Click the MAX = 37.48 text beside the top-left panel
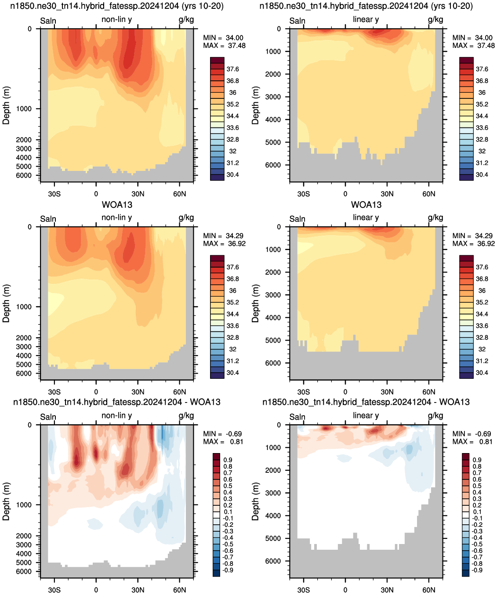[x=224, y=46]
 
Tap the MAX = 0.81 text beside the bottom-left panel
[x=223, y=442]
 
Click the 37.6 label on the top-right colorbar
[x=482, y=69]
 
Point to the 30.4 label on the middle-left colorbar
[x=232, y=373]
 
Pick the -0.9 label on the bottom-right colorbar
[x=477, y=570]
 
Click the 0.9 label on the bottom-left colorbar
[x=228, y=460]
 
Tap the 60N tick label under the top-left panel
[x=180, y=194]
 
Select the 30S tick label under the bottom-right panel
[x=304, y=590]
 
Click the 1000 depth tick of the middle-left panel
[x=24, y=307]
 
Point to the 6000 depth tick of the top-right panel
[x=273, y=165]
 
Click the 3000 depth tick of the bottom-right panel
[x=273, y=493]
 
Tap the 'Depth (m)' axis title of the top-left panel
[x=6, y=105]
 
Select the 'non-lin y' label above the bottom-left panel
[x=117, y=415]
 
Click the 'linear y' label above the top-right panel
[x=366, y=19]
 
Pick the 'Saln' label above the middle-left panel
[x=48, y=219]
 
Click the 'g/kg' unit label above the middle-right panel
[x=435, y=218]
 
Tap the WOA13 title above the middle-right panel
[x=366, y=205]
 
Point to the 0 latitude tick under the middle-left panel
[x=96, y=392]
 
